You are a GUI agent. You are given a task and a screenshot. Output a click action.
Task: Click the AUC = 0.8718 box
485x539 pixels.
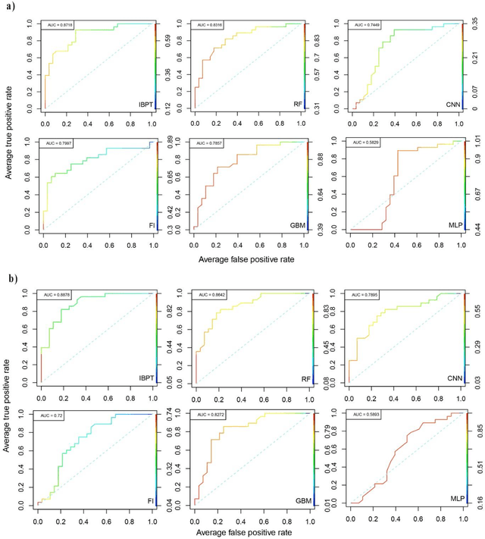pos(58,25)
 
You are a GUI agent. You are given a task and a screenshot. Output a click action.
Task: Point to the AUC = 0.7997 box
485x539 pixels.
pos(58,143)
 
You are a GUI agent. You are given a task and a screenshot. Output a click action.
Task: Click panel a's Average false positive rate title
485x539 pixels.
pos(246,259)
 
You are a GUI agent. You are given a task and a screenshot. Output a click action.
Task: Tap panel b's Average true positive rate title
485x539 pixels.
pos(7,402)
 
